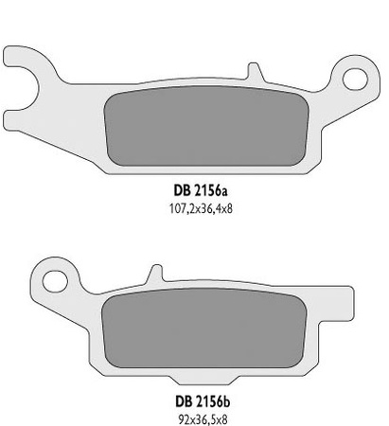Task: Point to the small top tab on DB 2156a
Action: [251, 71]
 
